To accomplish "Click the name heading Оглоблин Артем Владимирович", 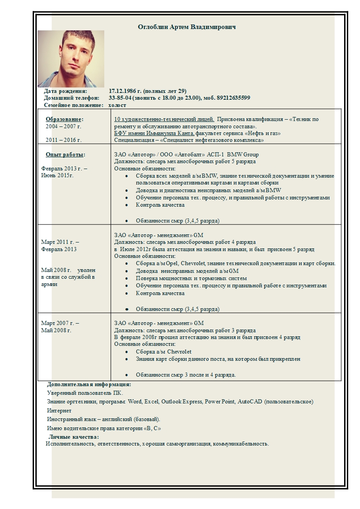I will [x=187, y=27].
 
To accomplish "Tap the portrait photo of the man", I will [x=71, y=59].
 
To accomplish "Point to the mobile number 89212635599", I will [x=232, y=98].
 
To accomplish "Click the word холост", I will [x=117, y=105].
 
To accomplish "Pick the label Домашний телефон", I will [x=71, y=98].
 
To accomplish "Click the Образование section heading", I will [x=64, y=119].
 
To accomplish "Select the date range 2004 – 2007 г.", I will [x=63, y=126].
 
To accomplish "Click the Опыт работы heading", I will [x=65, y=155].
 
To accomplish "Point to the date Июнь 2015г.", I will [x=57, y=175].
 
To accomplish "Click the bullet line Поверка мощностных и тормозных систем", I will [x=191, y=278].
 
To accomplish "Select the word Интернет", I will [x=59, y=411].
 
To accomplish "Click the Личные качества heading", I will [x=74, y=436].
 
